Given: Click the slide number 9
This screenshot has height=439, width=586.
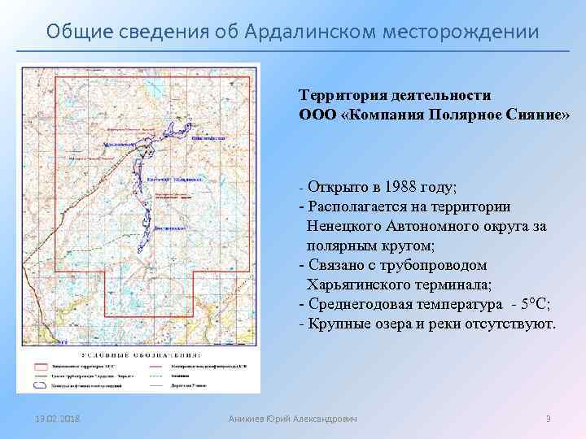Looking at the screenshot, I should [x=548, y=419].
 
